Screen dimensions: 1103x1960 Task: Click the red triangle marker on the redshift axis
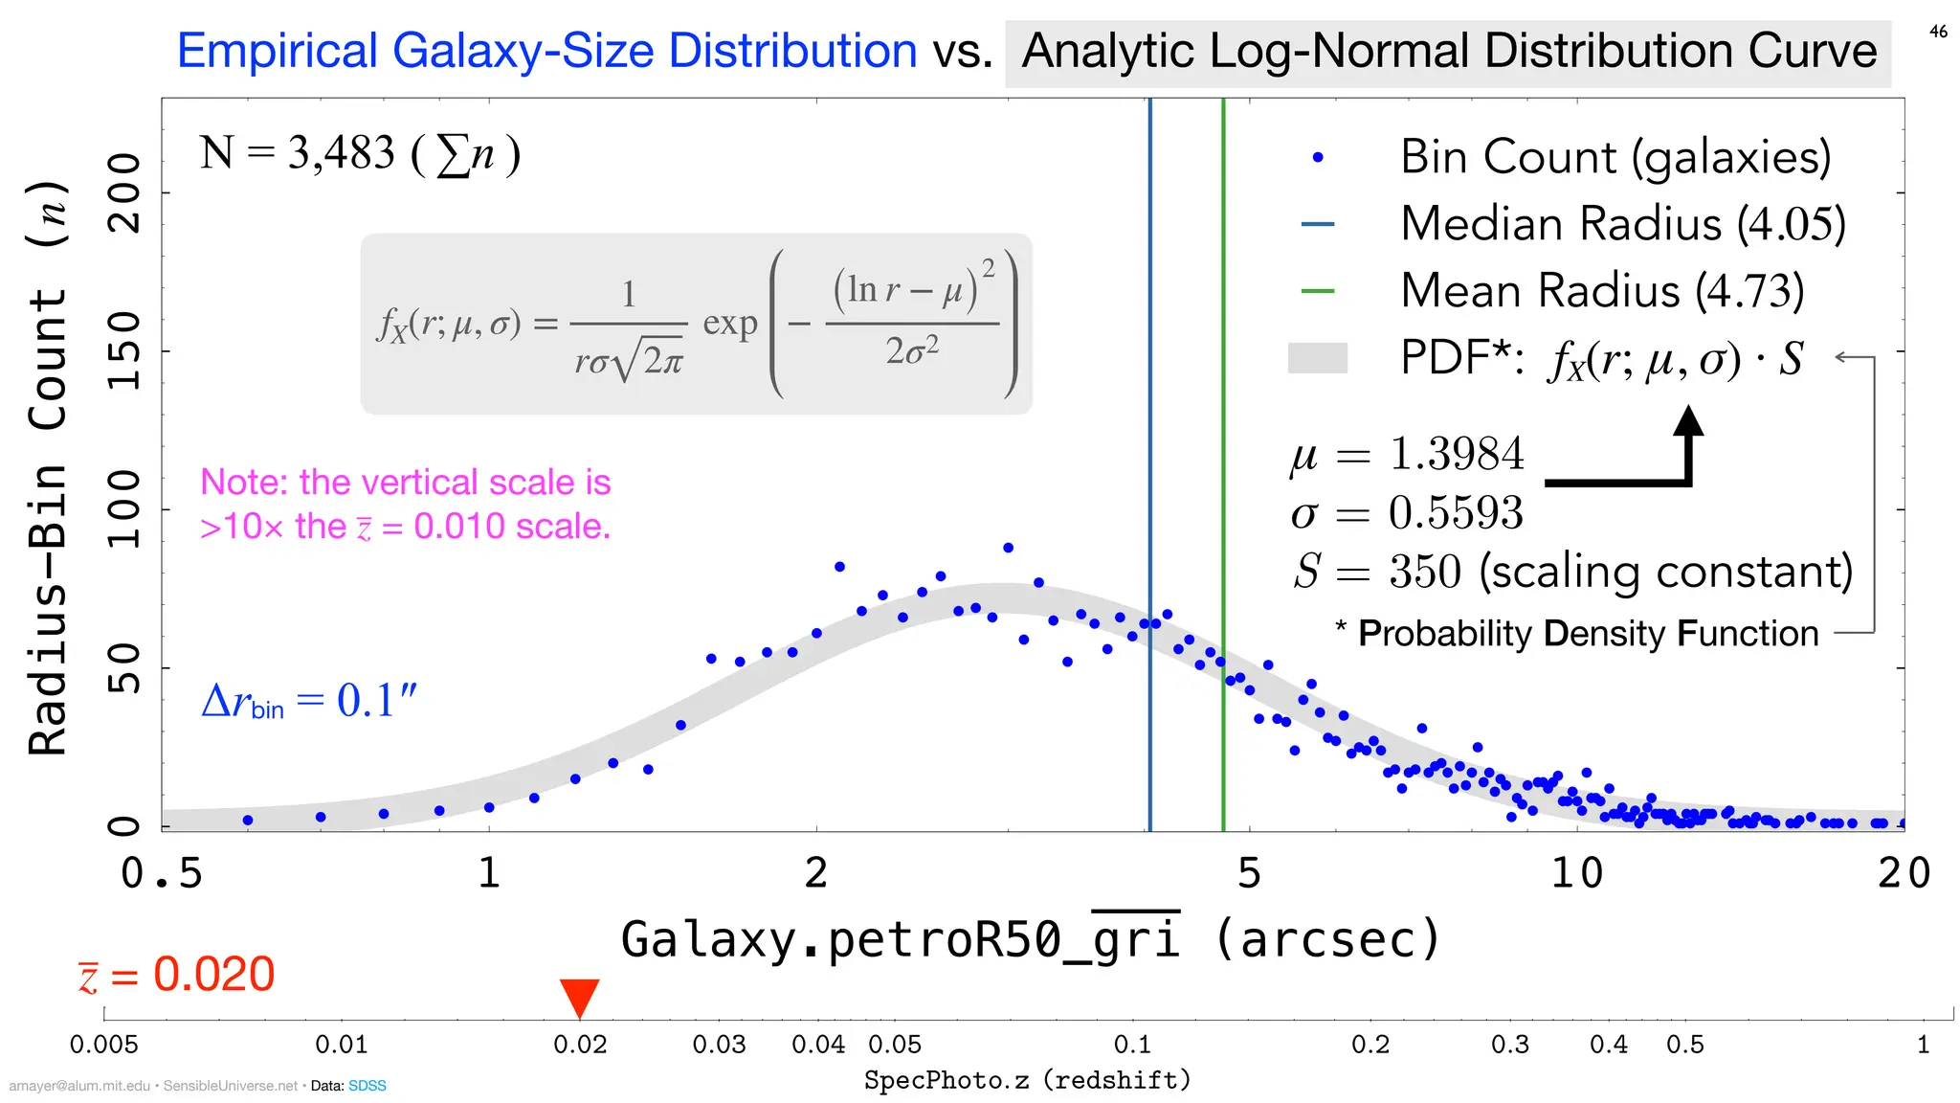point(579,997)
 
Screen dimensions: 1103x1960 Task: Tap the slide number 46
point(1938,32)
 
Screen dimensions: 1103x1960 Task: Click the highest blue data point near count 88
point(1008,548)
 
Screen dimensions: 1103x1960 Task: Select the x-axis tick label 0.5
point(162,873)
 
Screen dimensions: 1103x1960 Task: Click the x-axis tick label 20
point(1904,873)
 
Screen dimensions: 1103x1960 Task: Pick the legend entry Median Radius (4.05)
point(1622,224)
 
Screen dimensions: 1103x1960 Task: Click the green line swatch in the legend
point(1318,291)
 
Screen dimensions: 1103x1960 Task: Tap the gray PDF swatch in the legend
point(1318,358)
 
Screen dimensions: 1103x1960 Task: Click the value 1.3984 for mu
point(1456,454)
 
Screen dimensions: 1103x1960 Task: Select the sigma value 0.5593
point(1456,513)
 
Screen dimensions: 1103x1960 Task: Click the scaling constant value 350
point(1425,572)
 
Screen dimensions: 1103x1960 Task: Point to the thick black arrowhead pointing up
point(1688,421)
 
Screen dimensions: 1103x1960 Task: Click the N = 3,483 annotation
point(360,153)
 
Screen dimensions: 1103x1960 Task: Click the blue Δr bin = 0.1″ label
point(309,701)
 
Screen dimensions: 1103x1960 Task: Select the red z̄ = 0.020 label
point(177,975)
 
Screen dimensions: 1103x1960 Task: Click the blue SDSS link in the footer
point(367,1086)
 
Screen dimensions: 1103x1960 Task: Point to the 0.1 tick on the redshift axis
point(1132,1044)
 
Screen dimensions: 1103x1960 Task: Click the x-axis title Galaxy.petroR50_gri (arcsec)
point(1031,939)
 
